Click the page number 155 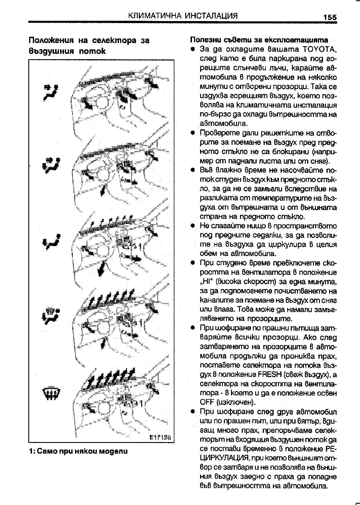[330, 17]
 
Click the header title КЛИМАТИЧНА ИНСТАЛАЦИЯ [183, 16]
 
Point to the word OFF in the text [206, 402]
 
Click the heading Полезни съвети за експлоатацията [259, 40]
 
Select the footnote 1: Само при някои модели [78, 451]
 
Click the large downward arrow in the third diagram [101, 270]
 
